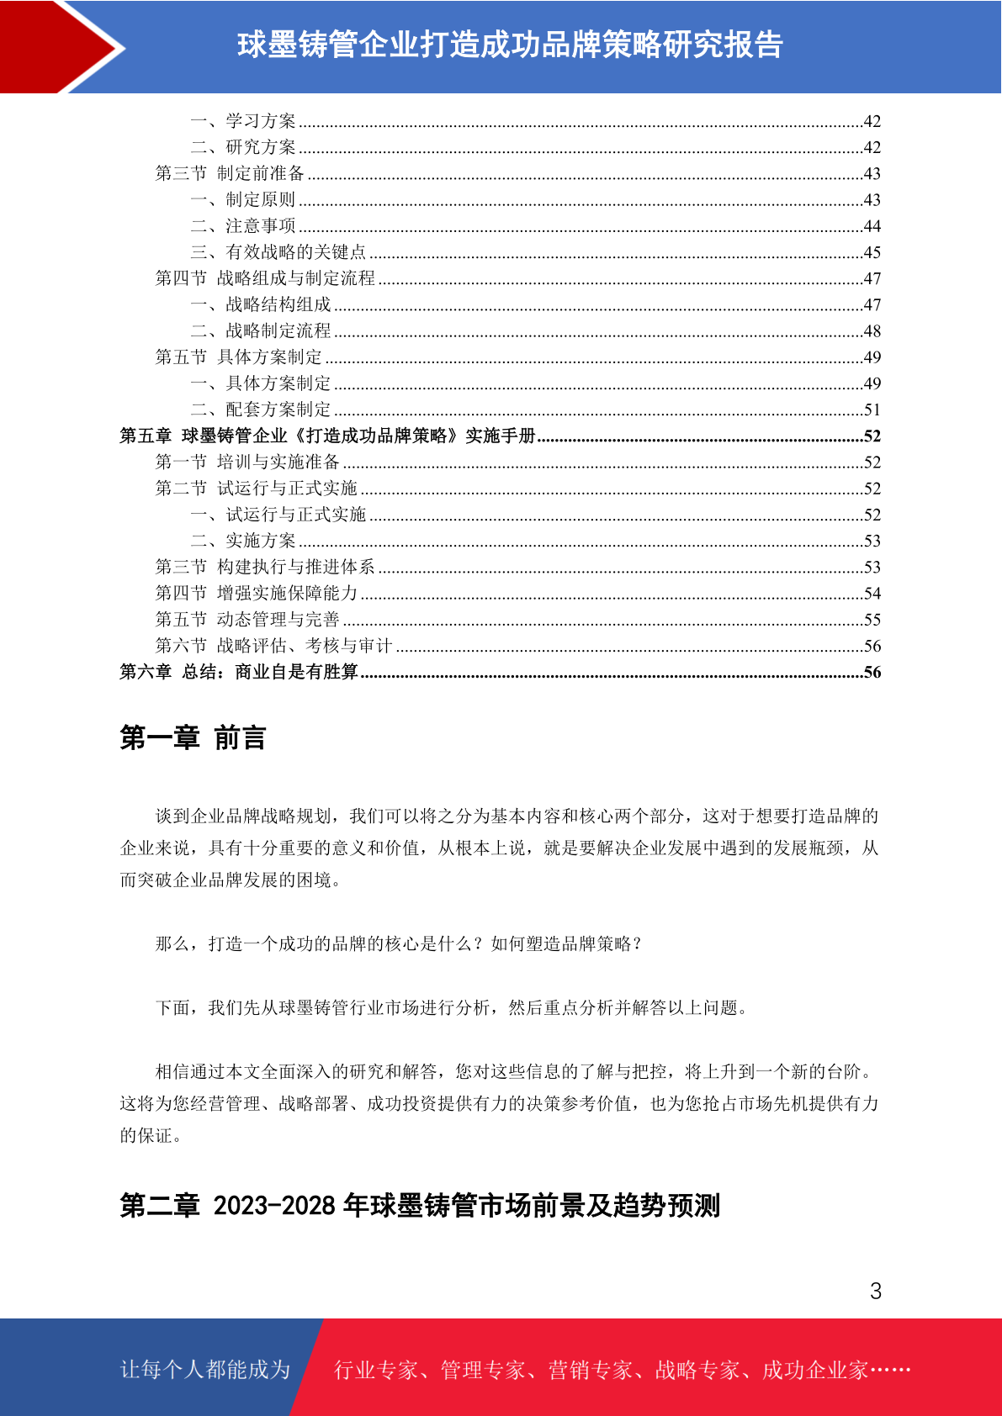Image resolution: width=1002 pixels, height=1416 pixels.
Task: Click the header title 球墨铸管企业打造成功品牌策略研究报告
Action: [x=510, y=45]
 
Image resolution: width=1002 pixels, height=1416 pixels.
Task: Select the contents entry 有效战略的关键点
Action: [x=295, y=252]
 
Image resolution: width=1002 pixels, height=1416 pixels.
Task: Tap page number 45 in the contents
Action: [x=872, y=252]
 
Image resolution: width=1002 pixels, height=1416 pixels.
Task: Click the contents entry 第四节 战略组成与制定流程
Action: [x=265, y=278]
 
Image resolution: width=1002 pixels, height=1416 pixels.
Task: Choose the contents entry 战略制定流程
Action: [x=278, y=331]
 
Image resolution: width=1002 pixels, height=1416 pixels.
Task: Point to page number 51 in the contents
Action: [x=872, y=410]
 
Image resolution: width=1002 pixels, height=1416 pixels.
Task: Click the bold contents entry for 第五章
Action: [x=327, y=436]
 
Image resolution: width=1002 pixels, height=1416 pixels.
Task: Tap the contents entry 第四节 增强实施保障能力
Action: [x=257, y=594]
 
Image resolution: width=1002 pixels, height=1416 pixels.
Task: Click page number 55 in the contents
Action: [x=872, y=620]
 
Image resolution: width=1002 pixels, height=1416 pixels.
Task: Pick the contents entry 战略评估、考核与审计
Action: [x=304, y=646]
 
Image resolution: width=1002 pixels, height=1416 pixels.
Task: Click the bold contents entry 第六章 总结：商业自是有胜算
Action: [x=239, y=672]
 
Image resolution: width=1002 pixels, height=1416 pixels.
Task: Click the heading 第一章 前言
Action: [x=193, y=737]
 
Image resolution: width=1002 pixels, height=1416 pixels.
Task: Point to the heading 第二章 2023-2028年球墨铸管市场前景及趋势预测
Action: [x=420, y=1206]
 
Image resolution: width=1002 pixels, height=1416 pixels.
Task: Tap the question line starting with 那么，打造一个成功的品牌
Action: [x=399, y=943]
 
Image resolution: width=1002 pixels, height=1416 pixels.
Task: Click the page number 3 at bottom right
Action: [x=876, y=1291]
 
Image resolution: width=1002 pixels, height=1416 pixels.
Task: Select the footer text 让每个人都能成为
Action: [x=205, y=1370]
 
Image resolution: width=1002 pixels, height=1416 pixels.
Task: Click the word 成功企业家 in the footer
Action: [x=814, y=1371]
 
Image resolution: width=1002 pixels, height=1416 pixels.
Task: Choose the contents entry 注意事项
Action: [x=261, y=226]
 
